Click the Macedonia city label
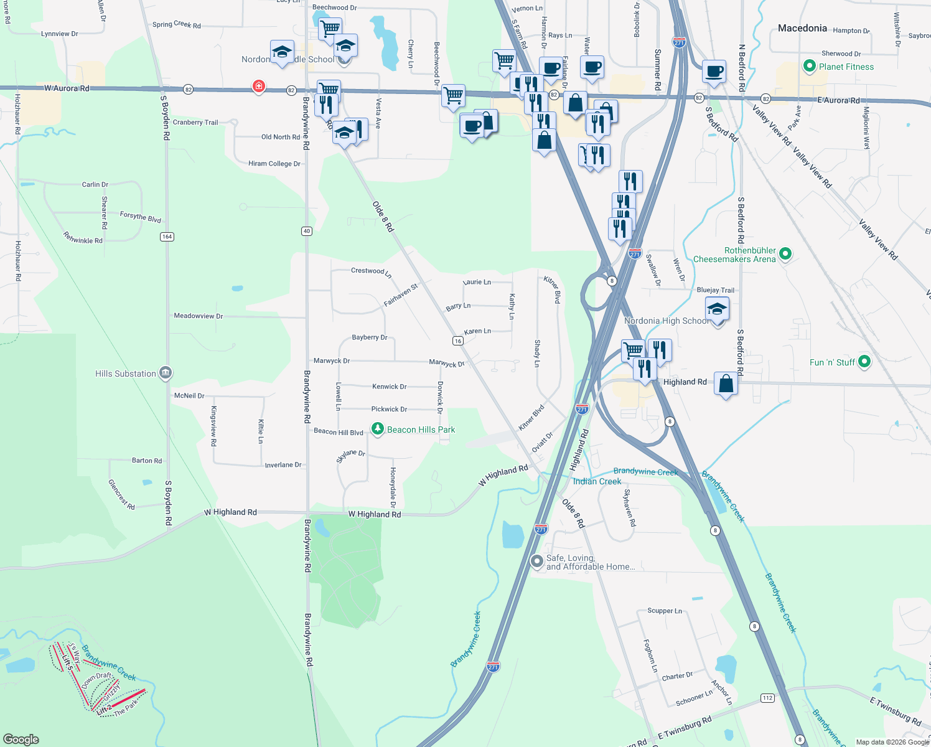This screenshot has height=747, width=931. click(802, 28)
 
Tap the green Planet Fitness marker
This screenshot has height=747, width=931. click(809, 66)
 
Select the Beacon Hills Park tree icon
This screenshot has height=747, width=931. click(377, 429)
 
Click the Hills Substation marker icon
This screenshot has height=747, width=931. click(166, 373)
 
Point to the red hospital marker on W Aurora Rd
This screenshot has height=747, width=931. click(259, 86)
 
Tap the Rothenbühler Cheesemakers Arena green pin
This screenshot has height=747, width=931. click(785, 253)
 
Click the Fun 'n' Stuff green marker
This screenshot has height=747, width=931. click(864, 361)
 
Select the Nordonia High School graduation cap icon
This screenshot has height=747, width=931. click(717, 309)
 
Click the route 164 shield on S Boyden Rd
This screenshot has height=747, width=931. click(167, 237)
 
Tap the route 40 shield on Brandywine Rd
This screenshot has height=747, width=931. click(307, 231)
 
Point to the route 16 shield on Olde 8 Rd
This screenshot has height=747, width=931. click(458, 341)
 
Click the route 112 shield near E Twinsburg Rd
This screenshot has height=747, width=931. click(767, 698)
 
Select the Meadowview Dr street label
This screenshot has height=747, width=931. click(198, 316)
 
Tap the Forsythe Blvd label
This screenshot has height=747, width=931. click(140, 217)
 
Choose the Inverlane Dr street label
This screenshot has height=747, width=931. click(283, 465)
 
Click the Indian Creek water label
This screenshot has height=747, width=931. click(597, 481)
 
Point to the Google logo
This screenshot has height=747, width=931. click(21, 740)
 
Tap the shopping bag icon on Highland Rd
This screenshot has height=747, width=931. click(726, 383)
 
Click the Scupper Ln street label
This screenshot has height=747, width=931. click(664, 611)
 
